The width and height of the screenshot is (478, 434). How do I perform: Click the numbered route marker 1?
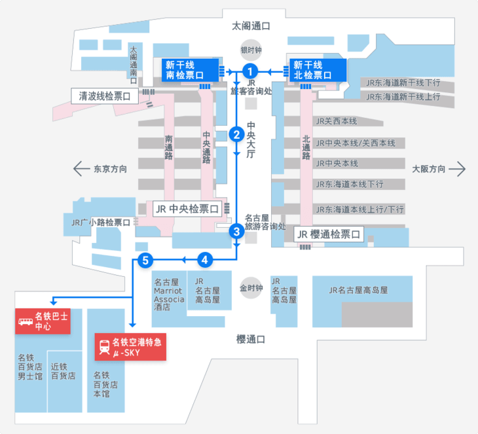[x=249, y=70]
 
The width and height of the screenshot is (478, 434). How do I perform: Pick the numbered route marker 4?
[x=206, y=260]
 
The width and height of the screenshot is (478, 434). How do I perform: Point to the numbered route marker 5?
[x=145, y=260]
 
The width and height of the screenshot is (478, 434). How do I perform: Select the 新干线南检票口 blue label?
[x=189, y=70]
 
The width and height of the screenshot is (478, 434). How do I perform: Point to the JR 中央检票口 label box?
[x=187, y=209]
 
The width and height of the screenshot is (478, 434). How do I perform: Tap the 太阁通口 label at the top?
[x=251, y=26]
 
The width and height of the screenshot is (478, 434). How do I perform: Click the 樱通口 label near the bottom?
[x=251, y=339]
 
